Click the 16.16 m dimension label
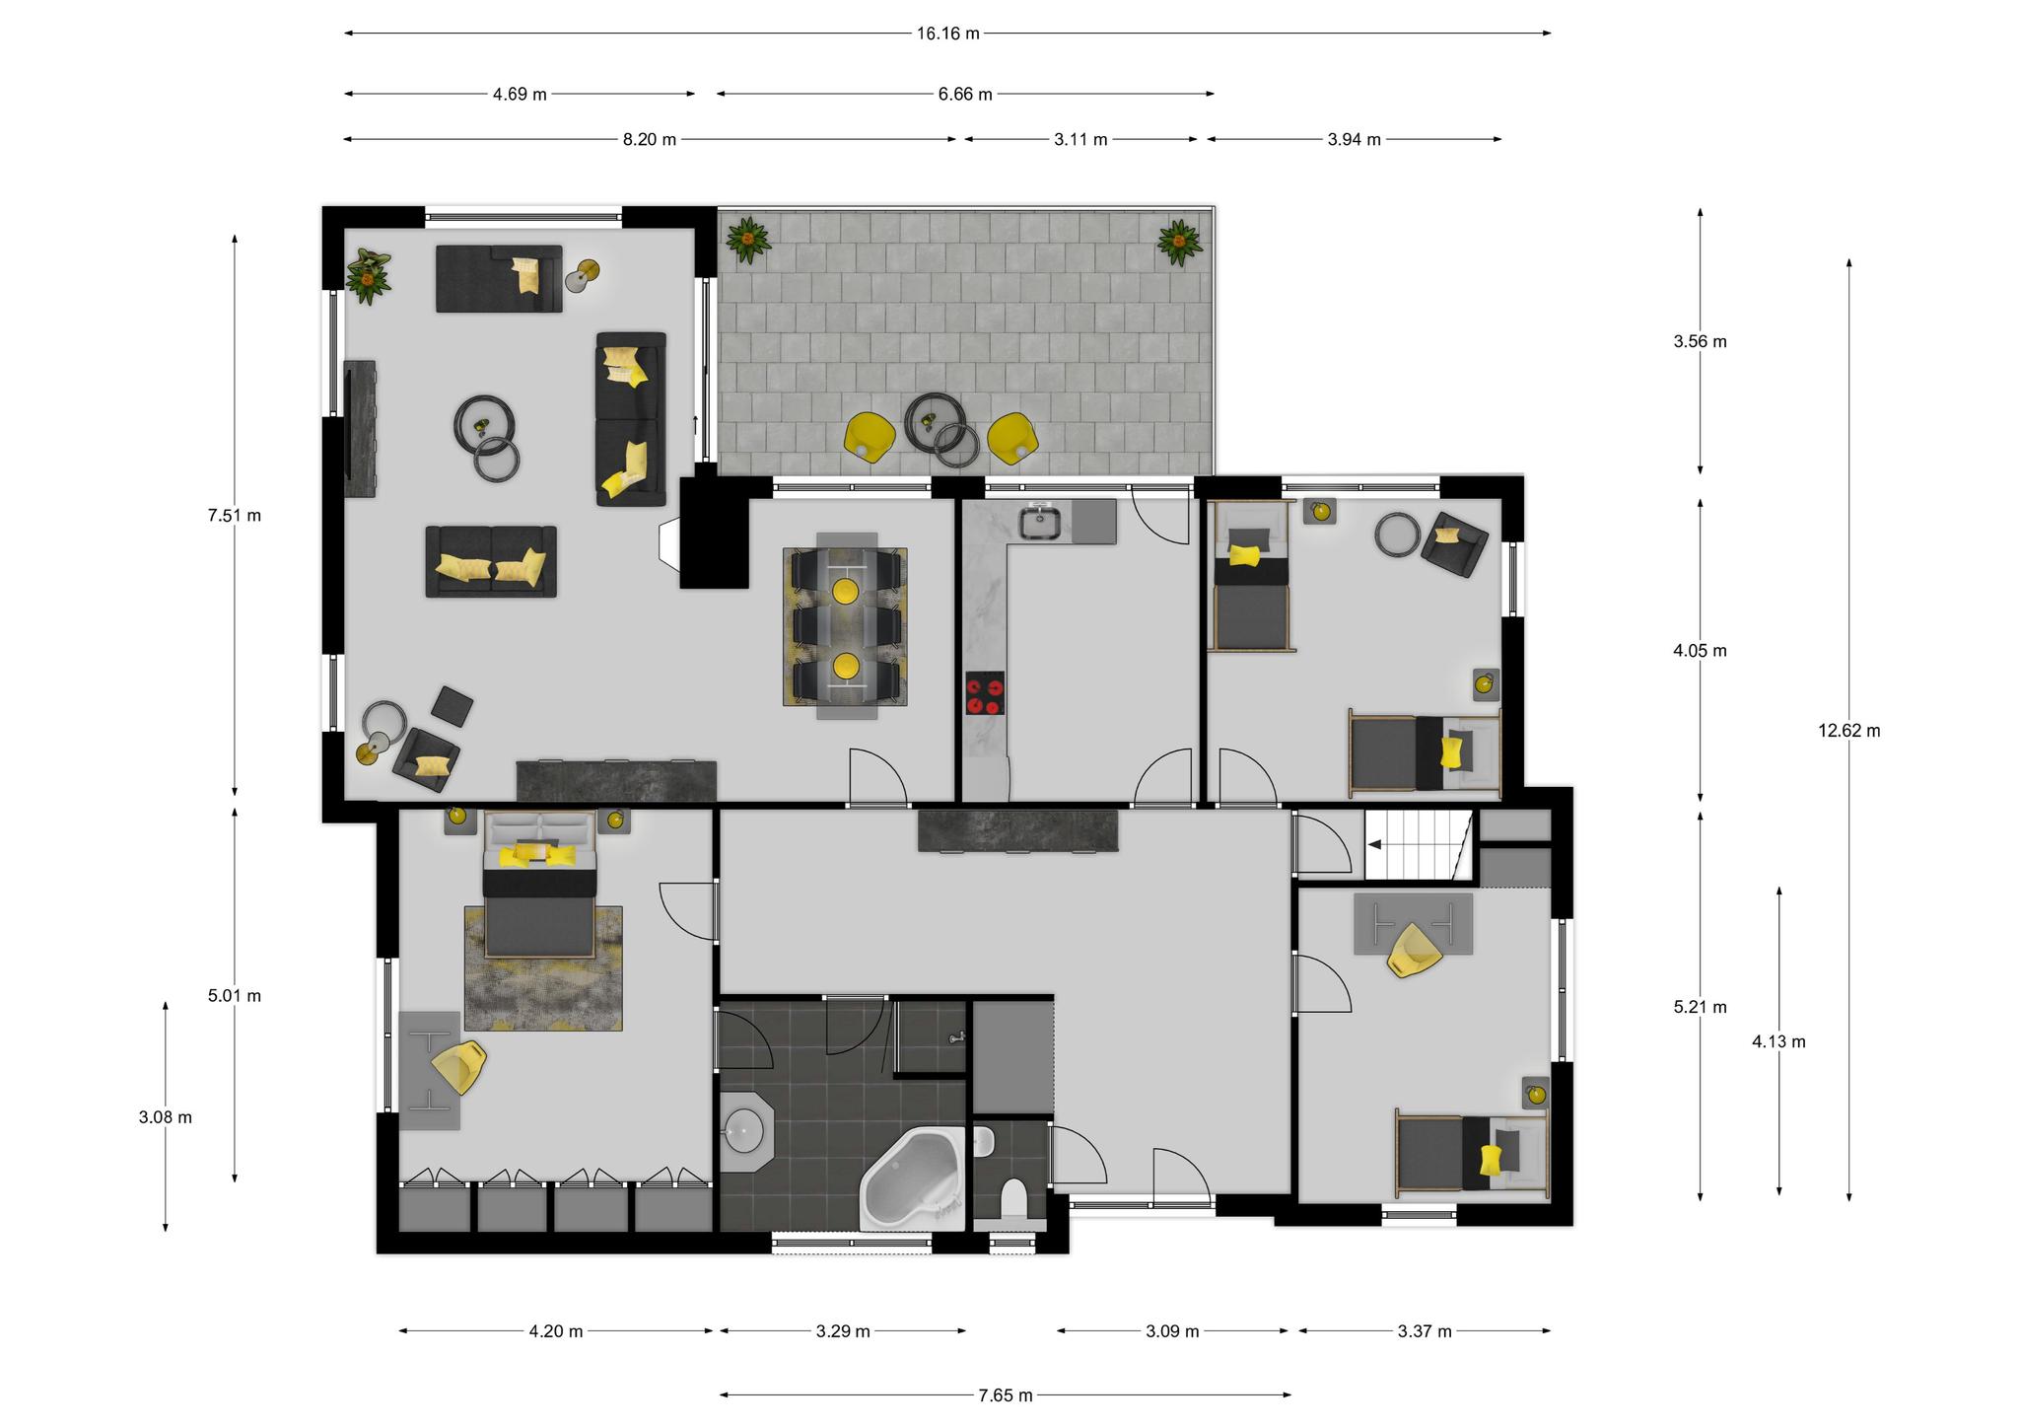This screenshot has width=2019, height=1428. click(x=947, y=34)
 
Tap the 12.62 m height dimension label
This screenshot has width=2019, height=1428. click(x=1849, y=731)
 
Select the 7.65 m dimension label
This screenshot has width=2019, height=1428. click(x=1006, y=1395)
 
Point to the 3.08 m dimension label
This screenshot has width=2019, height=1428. click(x=166, y=1117)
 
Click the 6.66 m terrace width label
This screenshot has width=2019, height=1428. click(x=965, y=95)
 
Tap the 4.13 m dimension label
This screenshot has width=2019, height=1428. click(x=1778, y=1041)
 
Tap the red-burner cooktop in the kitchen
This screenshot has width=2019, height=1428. click(x=985, y=692)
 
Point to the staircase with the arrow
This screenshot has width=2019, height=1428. click(x=1418, y=844)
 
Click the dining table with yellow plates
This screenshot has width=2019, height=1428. click(x=846, y=628)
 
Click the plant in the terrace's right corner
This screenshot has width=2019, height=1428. click(x=1178, y=242)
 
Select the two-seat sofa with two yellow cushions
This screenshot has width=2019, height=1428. click(x=491, y=561)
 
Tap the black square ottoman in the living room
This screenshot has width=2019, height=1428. click(x=453, y=707)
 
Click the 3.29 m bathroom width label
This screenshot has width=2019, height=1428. click(x=843, y=1331)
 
